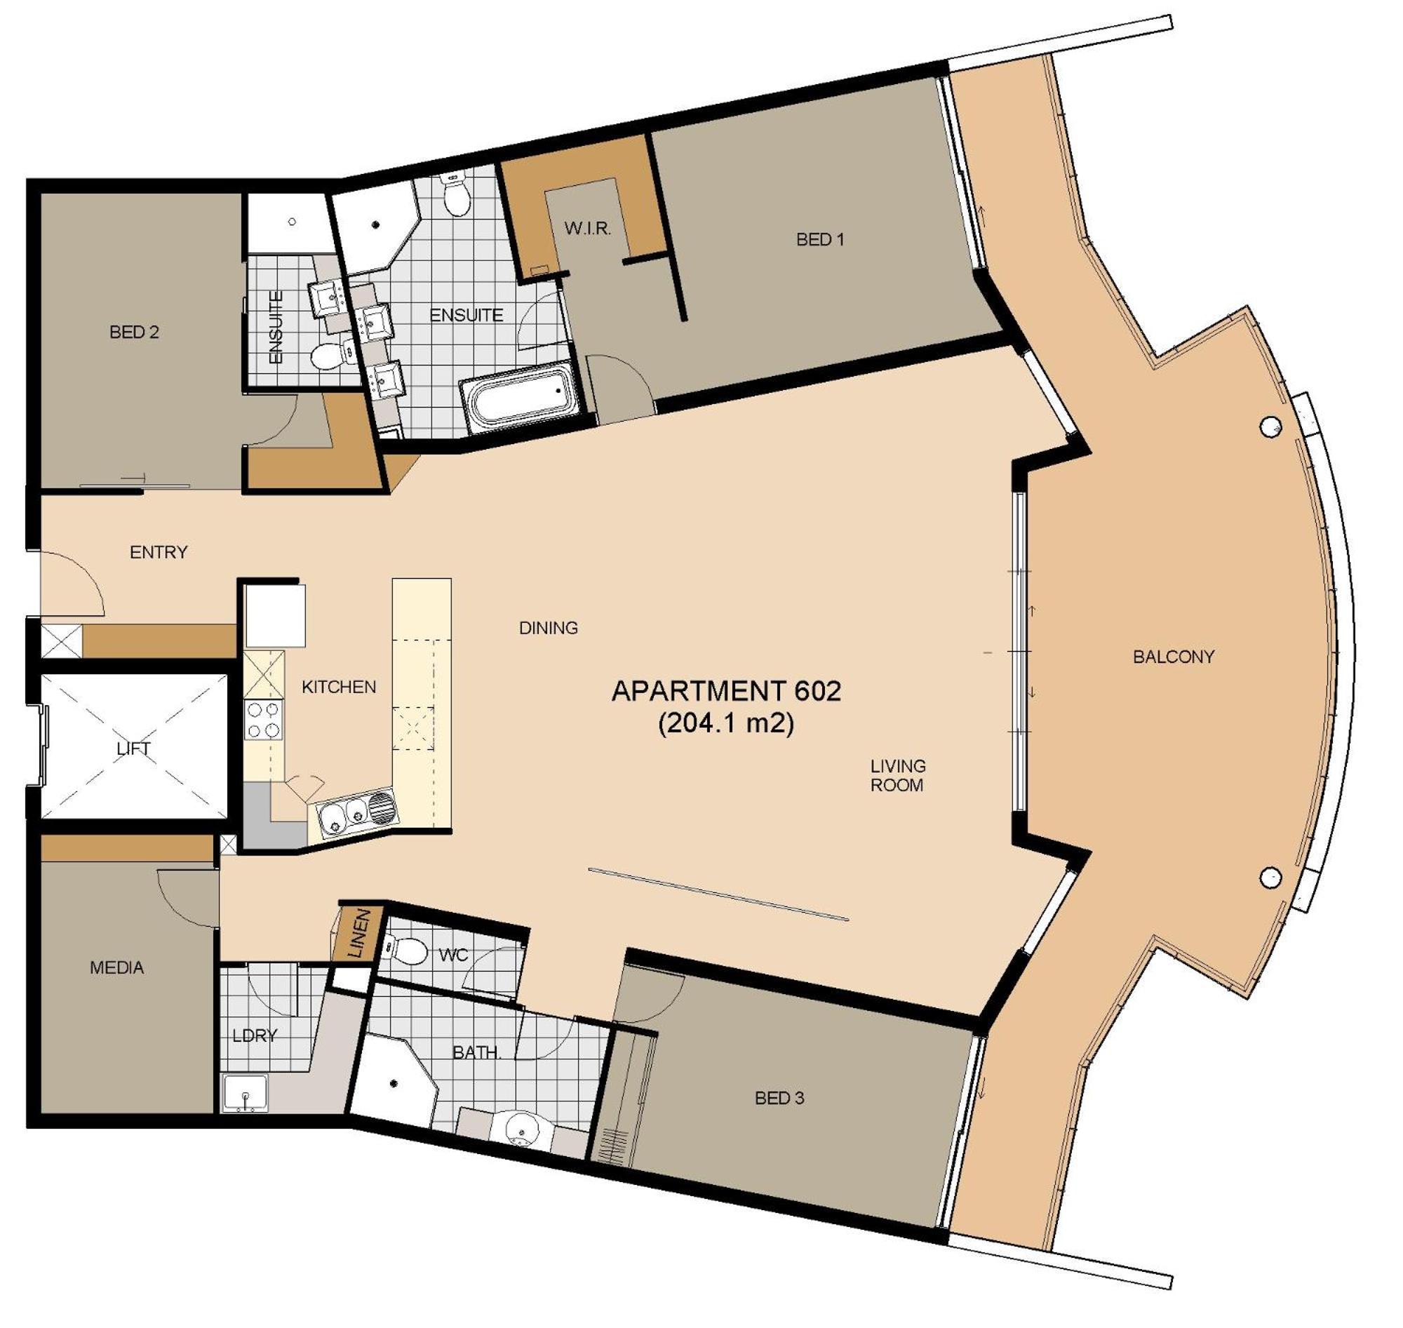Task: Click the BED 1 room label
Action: (820, 239)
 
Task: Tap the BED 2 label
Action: (134, 331)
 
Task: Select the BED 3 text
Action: (779, 1098)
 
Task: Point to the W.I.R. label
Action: (588, 228)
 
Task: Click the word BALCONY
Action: (1173, 656)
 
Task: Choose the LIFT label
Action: (133, 749)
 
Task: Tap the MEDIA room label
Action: (116, 967)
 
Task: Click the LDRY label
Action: (254, 1035)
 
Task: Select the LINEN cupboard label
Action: (360, 934)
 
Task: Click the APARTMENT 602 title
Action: (726, 691)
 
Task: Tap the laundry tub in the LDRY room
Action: (245, 1092)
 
